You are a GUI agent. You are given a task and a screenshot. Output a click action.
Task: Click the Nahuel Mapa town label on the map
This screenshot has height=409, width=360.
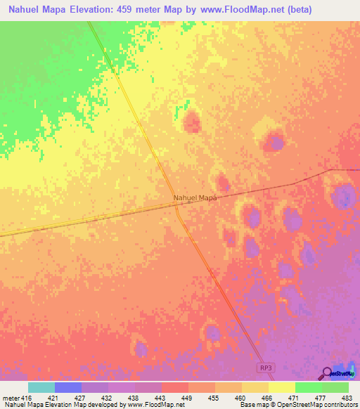point(195,198)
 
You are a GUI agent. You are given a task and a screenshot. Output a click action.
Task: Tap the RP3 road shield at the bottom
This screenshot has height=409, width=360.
point(263,368)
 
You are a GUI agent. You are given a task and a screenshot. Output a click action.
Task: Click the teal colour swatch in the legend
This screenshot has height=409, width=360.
point(41,387)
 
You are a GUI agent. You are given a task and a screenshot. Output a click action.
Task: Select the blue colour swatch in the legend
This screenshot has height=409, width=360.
point(68,387)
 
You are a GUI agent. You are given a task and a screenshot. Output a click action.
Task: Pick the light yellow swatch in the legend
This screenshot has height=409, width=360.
point(282,387)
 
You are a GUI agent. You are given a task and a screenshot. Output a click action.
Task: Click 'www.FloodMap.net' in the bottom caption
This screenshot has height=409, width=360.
point(149,405)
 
